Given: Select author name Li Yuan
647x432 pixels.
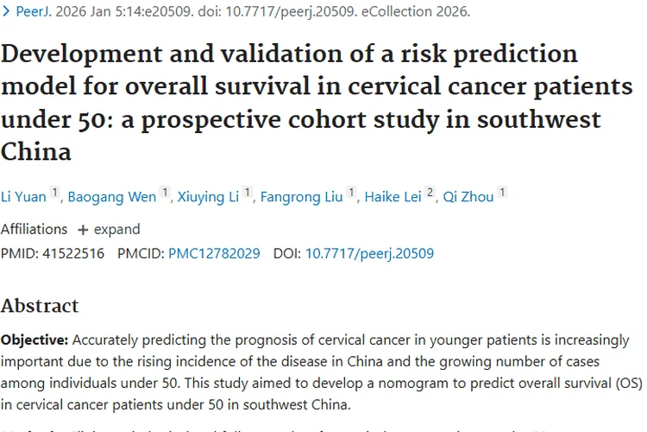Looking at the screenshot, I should [x=23, y=197].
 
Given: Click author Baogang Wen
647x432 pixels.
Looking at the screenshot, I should [x=112, y=197].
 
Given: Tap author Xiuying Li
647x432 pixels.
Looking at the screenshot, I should [x=208, y=197].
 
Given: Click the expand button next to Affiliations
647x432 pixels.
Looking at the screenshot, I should [x=109, y=230].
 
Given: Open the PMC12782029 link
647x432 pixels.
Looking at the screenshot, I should [x=214, y=253].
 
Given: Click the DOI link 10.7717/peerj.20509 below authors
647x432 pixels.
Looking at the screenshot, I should [x=369, y=253].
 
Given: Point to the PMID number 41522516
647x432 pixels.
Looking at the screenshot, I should [x=73, y=253].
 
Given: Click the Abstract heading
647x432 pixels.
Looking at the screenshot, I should [x=40, y=306].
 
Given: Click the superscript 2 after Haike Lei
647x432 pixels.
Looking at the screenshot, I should [x=430, y=194].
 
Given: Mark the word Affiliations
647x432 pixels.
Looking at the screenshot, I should [x=34, y=230].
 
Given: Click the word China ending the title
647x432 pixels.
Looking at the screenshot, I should [x=35, y=152].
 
